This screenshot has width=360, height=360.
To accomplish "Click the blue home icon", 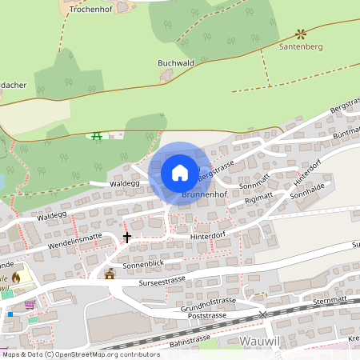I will [180, 172].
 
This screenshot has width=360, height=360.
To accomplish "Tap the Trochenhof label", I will [88, 10].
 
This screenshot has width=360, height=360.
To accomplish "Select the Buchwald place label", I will [176, 62].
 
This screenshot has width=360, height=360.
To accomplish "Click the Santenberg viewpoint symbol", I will [301, 34].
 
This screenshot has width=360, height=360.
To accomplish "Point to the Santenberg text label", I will [300, 47].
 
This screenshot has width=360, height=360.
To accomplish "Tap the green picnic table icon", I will [98, 136].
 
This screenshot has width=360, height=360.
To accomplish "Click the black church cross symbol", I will [126, 237].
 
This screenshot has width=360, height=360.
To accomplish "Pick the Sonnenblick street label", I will [144, 263].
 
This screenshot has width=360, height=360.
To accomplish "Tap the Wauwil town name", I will [260, 341].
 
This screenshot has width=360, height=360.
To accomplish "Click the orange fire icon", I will [16, 278].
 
